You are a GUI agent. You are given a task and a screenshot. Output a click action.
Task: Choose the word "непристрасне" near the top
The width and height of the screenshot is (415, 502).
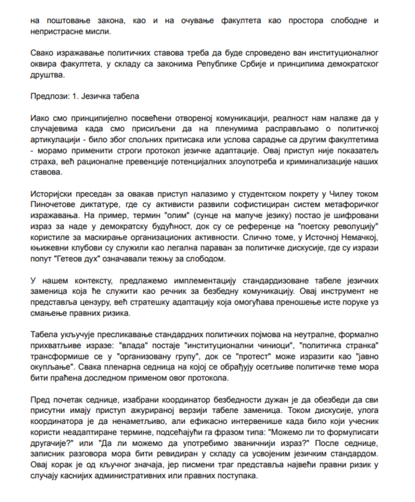(x=56, y=31)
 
